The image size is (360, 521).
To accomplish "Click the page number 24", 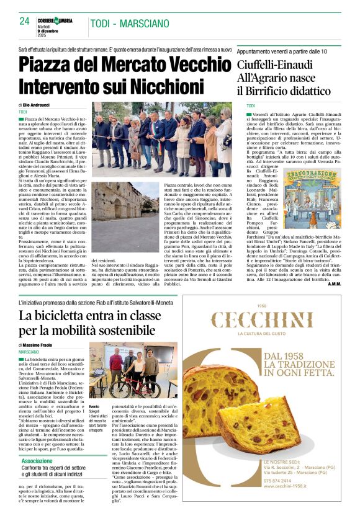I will (x=24, y=21).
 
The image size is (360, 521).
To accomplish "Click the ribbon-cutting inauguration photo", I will (x=161, y=140).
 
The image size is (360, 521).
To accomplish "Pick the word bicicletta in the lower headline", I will (x=66, y=315).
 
